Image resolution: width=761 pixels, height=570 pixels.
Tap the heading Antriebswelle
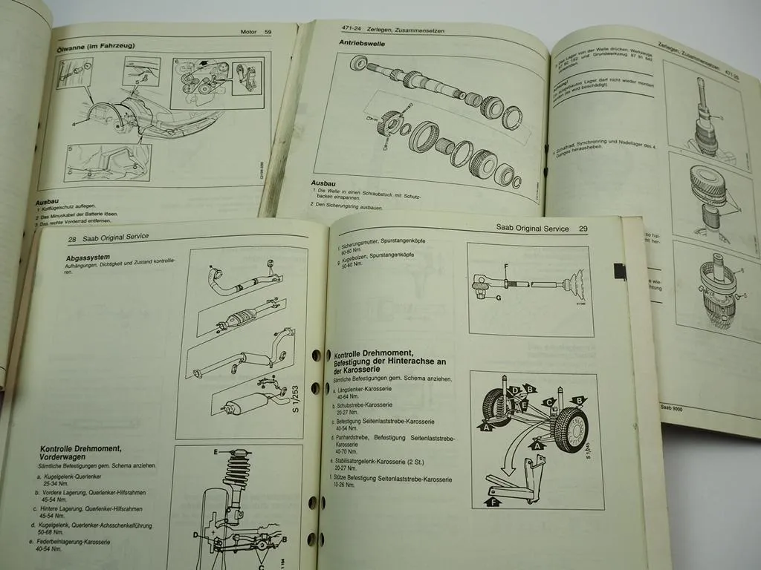[x=359, y=44]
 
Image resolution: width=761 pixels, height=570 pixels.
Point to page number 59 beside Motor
[x=268, y=31]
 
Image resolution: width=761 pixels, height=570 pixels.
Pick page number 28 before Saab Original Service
[x=73, y=239]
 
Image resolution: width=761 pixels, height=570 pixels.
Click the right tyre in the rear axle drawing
[x=573, y=430]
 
